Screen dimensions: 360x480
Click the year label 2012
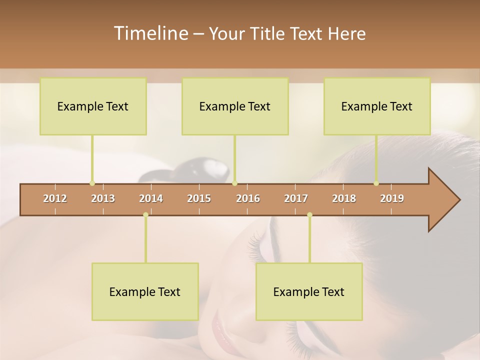[x=55, y=198]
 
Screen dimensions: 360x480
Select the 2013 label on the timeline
[x=103, y=198]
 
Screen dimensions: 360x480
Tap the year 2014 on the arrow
[x=151, y=198]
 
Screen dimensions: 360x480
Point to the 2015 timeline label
[x=199, y=198]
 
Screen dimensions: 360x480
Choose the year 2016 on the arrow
[x=248, y=198]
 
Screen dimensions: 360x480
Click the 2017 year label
[x=296, y=198]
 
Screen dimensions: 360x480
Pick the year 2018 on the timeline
[x=344, y=198]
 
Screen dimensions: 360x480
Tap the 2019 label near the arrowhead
[x=392, y=198]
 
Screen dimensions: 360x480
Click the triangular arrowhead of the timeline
[x=443, y=200]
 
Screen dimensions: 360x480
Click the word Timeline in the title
[x=150, y=33]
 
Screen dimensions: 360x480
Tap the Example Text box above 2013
[x=93, y=106]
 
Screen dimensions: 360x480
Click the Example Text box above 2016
[x=235, y=106]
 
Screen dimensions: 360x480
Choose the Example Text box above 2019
[x=377, y=106]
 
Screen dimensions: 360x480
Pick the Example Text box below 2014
[x=145, y=291]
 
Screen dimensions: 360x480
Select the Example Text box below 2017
[x=309, y=291]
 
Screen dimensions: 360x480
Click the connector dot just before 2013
[x=92, y=183]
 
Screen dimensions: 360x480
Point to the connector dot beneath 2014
[x=145, y=214]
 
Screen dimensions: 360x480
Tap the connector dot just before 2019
[x=376, y=183]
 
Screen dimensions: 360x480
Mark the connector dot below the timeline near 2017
[x=309, y=214]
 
